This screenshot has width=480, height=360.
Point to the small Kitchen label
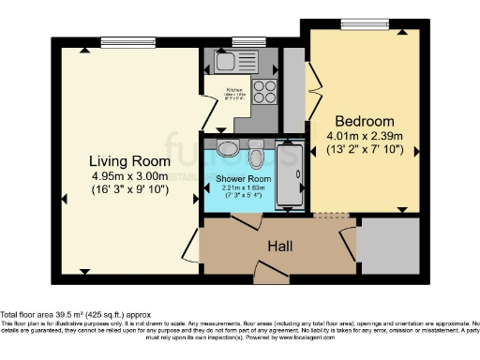[234, 91]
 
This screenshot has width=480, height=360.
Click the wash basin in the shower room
[225, 149]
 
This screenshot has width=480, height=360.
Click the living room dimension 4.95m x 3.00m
[129, 175]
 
